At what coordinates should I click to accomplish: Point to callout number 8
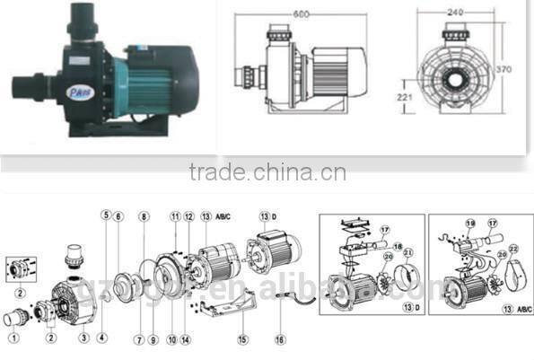coord(143,217)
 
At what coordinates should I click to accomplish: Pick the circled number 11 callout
coord(175,216)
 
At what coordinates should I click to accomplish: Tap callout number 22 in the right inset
coord(513,248)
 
